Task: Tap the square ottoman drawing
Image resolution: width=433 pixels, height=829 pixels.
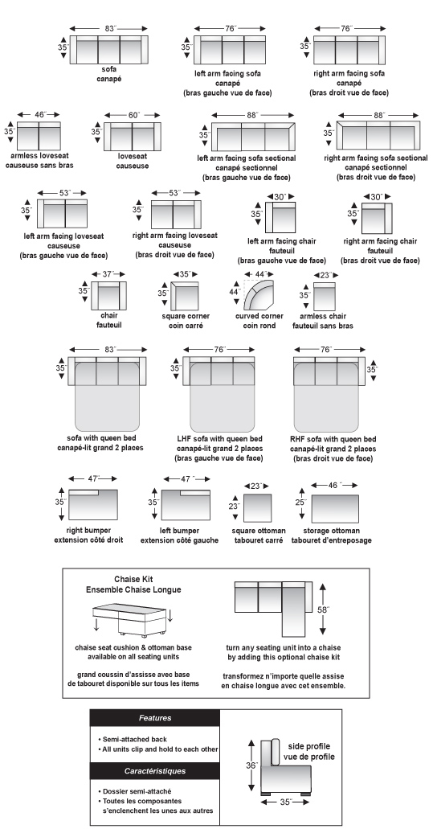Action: click(257, 508)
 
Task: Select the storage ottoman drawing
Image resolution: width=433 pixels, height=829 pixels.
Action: click(335, 509)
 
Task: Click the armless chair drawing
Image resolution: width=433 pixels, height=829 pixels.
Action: click(325, 297)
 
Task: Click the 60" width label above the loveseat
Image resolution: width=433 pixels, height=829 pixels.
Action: click(133, 115)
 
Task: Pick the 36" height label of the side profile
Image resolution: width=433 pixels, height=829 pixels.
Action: click(253, 765)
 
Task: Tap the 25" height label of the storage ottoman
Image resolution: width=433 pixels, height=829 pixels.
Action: click(300, 502)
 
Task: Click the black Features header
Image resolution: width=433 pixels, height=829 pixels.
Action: click(155, 718)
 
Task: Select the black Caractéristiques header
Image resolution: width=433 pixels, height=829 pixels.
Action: click(155, 771)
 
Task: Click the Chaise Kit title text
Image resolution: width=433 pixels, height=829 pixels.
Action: click(133, 580)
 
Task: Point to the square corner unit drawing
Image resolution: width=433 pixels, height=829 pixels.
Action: click(185, 297)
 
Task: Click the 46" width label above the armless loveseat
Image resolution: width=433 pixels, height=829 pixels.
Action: click(39, 114)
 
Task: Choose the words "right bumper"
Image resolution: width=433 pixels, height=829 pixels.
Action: click(88, 530)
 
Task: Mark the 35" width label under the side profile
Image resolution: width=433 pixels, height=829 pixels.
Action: click(286, 802)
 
